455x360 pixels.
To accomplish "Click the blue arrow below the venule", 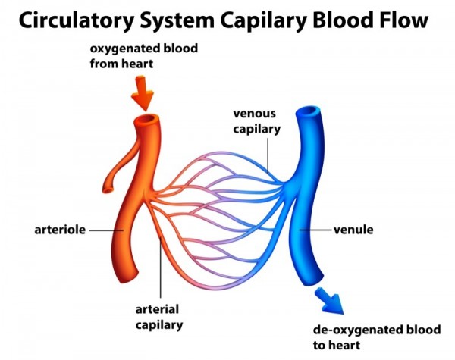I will pyautogui.click(x=328, y=300).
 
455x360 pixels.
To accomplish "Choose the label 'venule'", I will pyautogui.click(x=354, y=228).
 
